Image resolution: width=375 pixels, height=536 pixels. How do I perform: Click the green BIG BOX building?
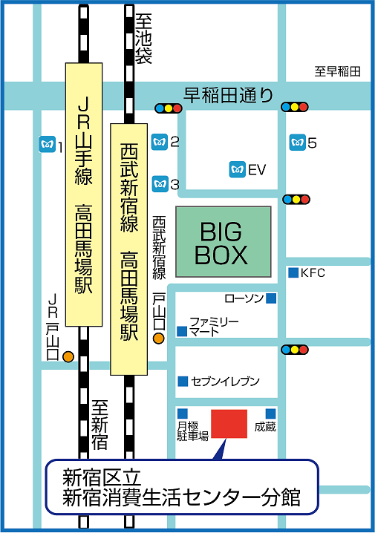(x=224, y=242)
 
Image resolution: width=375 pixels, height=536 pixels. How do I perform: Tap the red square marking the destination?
(x=229, y=424)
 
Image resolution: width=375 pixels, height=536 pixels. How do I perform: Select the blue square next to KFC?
(x=293, y=272)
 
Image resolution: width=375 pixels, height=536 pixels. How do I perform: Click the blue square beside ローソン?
(x=271, y=298)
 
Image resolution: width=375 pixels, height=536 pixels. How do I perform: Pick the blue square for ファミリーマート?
(x=182, y=331)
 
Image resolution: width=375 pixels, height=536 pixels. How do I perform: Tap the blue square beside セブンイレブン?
(x=183, y=381)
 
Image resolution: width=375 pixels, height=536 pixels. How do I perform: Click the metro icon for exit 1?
(x=48, y=144)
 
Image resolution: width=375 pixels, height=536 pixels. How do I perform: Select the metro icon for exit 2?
(x=160, y=142)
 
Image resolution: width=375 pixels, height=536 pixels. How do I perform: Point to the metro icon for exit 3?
(x=160, y=184)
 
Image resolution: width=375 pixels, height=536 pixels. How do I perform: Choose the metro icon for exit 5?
(x=298, y=143)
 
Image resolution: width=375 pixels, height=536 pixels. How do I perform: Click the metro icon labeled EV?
(x=237, y=169)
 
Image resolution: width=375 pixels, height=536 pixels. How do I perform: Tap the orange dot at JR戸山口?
(x=68, y=356)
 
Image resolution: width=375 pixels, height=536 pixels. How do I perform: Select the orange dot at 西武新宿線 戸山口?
(x=159, y=339)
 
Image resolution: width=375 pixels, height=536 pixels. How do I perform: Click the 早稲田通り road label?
(x=229, y=95)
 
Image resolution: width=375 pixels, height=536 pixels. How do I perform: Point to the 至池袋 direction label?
(x=143, y=39)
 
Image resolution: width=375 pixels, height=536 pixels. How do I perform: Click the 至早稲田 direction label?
(x=337, y=71)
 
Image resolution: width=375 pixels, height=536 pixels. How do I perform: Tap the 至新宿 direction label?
(x=100, y=425)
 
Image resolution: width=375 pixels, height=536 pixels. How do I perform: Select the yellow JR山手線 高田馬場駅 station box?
(x=84, y=195)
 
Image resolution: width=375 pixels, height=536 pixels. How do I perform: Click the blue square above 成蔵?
(x=270, y=414)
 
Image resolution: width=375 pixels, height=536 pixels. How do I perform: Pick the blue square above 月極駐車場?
(x=183, y=414)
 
